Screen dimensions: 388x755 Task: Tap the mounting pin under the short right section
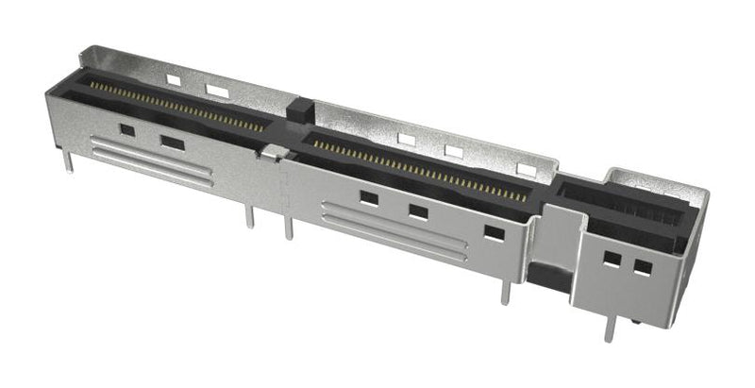point(610,327)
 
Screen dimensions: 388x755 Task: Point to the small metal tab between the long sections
point(273,151)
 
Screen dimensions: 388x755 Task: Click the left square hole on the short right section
point(612,258)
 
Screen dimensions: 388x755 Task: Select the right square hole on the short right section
point(643,267)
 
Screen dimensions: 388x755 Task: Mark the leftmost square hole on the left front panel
point(126,129)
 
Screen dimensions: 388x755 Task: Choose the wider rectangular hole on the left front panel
point(173,143)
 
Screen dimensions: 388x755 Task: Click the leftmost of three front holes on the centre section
point(369,198)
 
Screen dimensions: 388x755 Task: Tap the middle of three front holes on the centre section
point(417,211)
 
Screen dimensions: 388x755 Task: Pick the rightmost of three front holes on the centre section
point(494,232)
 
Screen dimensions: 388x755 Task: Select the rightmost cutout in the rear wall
point(527,170)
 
